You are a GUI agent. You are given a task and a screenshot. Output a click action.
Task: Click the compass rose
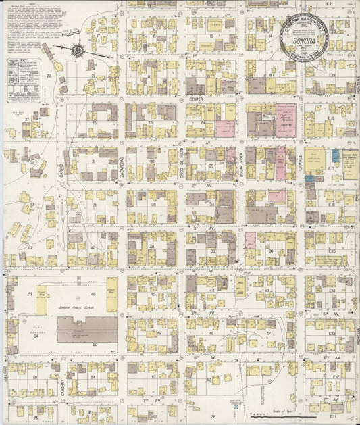78,49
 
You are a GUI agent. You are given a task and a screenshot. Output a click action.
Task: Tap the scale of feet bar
270,411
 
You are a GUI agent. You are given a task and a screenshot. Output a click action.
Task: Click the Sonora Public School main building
86,328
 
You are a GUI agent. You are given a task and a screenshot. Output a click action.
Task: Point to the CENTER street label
196,99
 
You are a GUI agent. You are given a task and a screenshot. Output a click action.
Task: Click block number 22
49,76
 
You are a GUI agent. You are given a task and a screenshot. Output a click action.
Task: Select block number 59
30,294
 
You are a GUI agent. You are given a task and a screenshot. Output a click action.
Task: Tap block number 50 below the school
95,345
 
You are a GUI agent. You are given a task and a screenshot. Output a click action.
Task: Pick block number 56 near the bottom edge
213,417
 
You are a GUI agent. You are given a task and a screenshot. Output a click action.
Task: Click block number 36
95,205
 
